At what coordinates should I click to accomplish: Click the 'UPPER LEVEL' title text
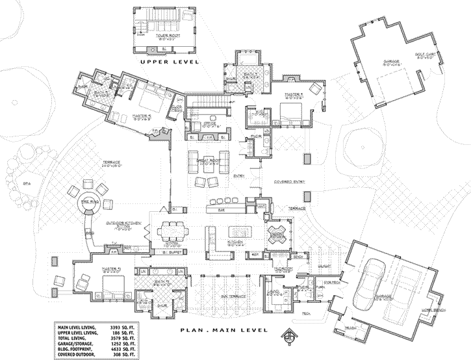[x=168, y=62]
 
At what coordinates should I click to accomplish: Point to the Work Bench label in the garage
[x=434, y=311]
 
